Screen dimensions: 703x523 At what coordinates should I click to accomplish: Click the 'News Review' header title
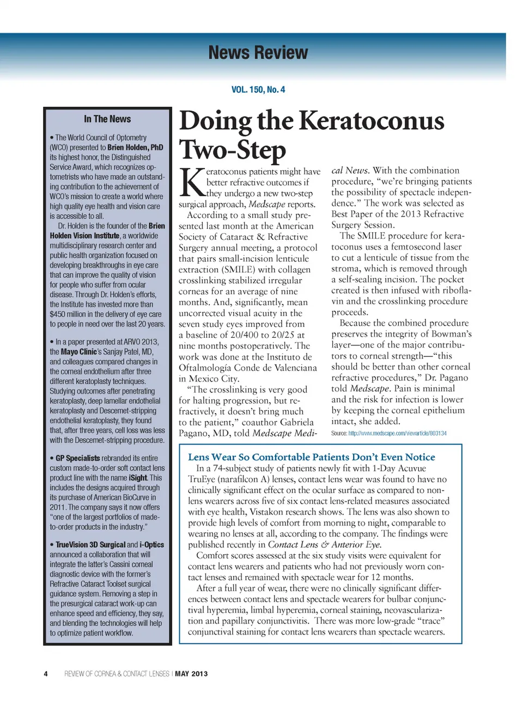click(x=258, y=53)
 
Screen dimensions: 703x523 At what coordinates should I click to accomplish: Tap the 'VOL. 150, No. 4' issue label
click(x=258, y=89)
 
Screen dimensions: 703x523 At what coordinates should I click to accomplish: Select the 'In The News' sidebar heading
click(x=107, y=119)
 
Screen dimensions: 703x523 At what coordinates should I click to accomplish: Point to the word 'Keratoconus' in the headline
click(x=372, y=121)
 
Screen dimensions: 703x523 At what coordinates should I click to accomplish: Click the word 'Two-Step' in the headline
click(x=233, y=150)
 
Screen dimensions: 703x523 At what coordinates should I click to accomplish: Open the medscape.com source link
click(x=397, y=433)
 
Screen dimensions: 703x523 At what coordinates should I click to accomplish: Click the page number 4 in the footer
click(x=46, y=674)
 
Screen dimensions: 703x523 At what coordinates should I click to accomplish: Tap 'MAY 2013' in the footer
click(x=191, y=674)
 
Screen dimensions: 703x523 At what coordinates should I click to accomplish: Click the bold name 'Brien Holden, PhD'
click(x=135, y=148)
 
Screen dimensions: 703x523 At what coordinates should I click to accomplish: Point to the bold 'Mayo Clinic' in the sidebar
click(x=78, y=351)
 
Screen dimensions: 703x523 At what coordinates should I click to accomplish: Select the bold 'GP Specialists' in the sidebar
click(x=77, y=458)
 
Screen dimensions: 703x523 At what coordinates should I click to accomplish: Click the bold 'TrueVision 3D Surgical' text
click(x=90, y=544)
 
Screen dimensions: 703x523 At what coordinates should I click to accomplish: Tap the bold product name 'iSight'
click(x=138, y=478)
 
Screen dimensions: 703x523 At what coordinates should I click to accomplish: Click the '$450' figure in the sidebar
click(x=57, y=314)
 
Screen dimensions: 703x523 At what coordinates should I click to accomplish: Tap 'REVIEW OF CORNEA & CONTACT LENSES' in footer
click(x=117, y=674)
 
